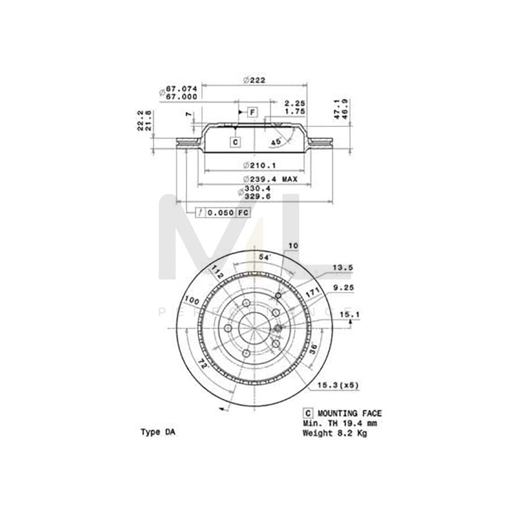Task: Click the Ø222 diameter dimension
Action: point(254,80)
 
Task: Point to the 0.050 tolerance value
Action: point(220,213)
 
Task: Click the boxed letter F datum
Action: point(252,112)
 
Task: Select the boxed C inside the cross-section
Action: point(235,142)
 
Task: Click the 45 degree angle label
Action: point(275,142)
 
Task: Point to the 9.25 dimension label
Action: point(343,288)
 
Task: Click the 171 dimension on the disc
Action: point(313,294)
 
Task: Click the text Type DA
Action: point(158,432)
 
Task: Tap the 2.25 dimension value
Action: point(295,103)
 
